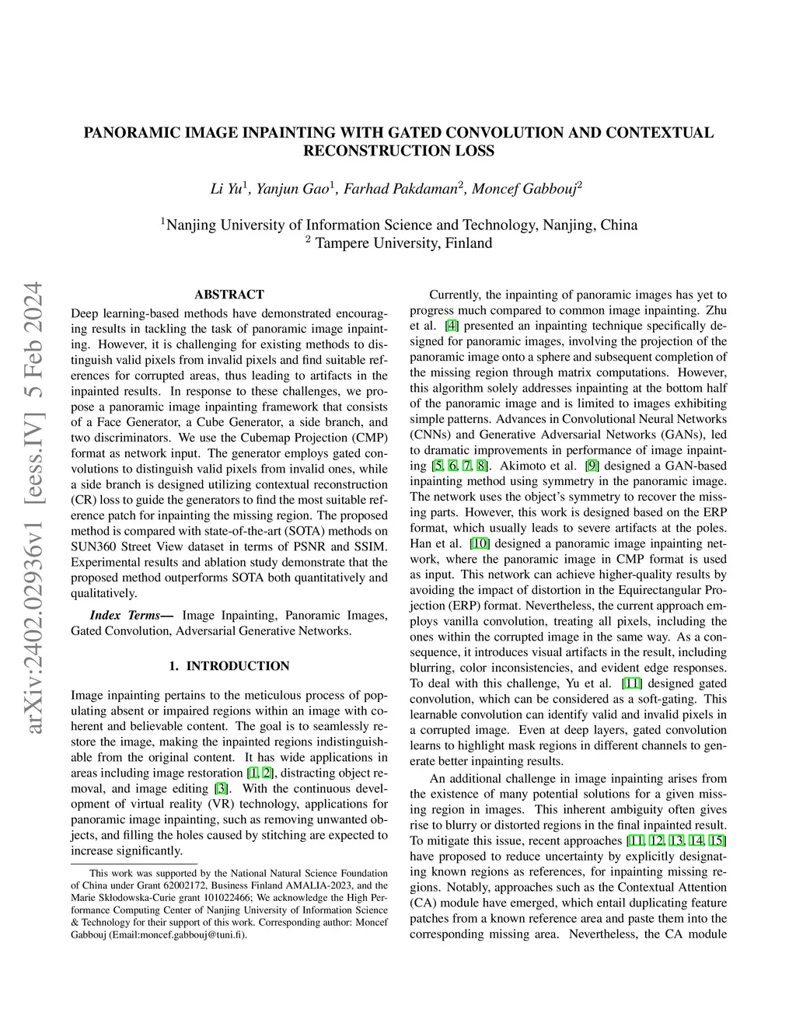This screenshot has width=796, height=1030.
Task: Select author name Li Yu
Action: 226,189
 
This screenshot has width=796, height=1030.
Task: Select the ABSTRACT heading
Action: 229,295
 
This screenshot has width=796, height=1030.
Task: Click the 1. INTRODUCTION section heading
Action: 229,666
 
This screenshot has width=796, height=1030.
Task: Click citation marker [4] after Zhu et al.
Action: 451,326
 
